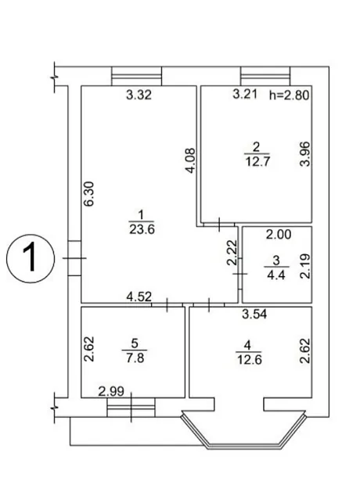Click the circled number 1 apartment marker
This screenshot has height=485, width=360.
(x=31, y=258)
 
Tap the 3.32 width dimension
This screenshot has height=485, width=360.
(x=139, y=95)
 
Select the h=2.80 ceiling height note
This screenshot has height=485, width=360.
(x=289, y=95)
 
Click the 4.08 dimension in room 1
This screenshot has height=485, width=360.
(x=191, y=160)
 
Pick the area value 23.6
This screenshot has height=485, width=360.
(x=142, y=229)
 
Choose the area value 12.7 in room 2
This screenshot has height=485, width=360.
(x=257, y=161)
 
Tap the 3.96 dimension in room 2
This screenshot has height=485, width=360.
(x=305, y=154)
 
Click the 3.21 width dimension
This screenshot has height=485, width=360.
(x=245, y=94)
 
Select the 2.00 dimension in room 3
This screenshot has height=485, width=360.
(x=279, y=235)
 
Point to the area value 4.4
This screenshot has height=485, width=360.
(x=276, y=275)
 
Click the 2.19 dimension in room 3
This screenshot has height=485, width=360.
(x=305, y=266)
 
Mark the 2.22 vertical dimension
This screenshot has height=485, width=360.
(x=232, y=253)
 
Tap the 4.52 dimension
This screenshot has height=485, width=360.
(x=139, y=296)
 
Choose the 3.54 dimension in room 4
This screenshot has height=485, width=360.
(x=254, y=314)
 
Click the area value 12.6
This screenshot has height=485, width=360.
(x=250, y=360)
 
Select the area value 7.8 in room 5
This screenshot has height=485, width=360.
(x=135, y=357)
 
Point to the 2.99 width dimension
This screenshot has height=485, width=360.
(x=111, y=392)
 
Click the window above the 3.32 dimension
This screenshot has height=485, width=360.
(x=136, y=76)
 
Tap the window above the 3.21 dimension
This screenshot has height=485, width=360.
(x=265, y=76)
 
